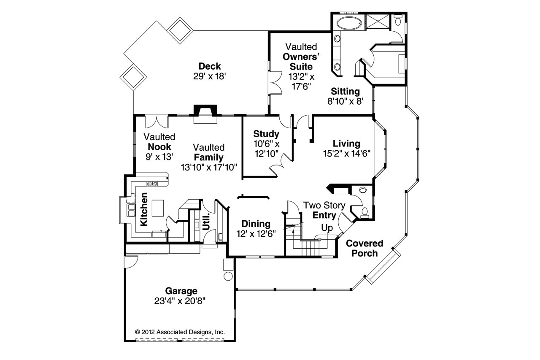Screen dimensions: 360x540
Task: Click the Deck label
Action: tap(210, 66)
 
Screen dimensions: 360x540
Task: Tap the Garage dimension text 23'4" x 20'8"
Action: tap(181, 300)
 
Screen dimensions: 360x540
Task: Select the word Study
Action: tap(266, 134)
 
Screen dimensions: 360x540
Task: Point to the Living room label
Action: tap(346, 143)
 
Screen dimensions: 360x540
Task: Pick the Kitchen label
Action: tap(144, 209)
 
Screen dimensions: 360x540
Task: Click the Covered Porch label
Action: tap(364, 248)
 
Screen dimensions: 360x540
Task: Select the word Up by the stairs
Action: tap(327, 228)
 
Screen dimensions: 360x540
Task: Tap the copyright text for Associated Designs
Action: tap(180, 332)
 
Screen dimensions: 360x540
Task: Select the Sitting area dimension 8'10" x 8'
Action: tap(345, 101)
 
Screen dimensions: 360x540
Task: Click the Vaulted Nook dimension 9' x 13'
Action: tap(159, 156)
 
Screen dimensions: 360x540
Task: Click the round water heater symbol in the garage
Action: tap(228, 276)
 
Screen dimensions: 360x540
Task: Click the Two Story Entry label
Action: tap(324, 211)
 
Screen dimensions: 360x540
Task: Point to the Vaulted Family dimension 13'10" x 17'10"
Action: tap(208, 167)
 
